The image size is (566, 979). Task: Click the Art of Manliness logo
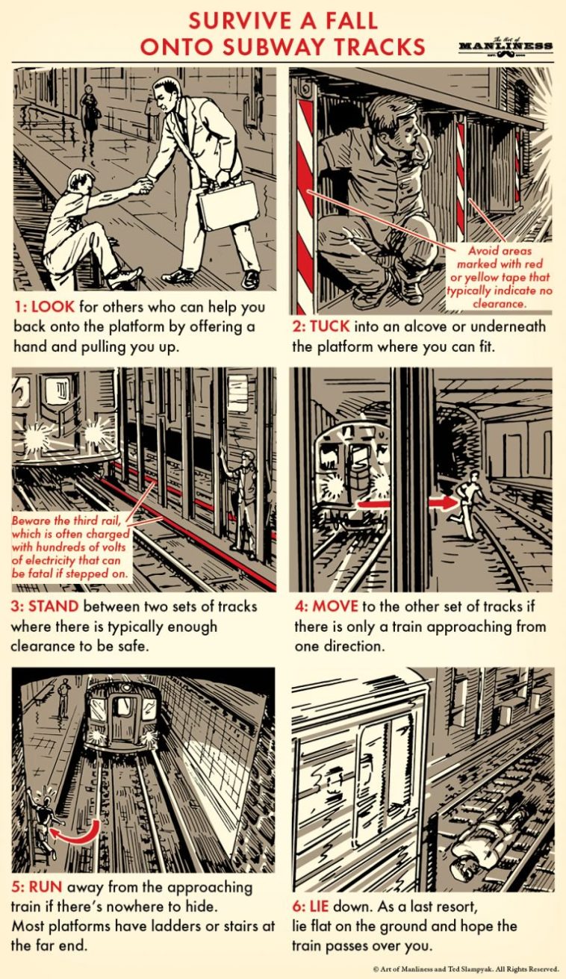tap(506, 46)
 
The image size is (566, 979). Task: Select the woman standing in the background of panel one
tap(90, 113)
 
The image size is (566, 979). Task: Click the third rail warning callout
tap(70, 547)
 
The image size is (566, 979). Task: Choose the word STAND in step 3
tap(53, 606)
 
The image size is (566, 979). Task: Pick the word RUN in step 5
tap(46, 887)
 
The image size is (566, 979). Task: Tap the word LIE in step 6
tap(319, 906)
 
